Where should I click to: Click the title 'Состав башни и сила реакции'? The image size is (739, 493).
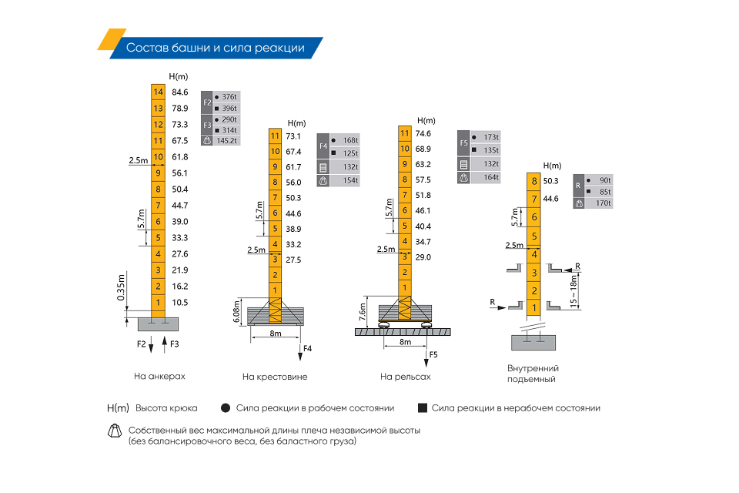tap(216, 48)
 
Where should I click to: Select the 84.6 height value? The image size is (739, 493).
tap(179, 92)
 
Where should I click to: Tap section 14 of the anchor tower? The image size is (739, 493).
tap(158, 92)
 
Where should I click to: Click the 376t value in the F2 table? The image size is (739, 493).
tap(229, 97)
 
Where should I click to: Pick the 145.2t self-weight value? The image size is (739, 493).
tap(226, 141)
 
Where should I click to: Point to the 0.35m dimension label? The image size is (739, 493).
tap(121, 287)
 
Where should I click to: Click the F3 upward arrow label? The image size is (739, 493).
tap(175, 344)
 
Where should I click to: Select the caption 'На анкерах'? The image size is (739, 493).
tap(159, 376)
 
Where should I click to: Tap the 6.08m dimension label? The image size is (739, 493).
tap(236, 312)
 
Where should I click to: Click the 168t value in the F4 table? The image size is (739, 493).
tap(350, 140)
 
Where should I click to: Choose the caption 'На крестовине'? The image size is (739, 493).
tap(275, 377)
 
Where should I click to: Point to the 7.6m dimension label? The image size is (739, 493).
tap(362, 312)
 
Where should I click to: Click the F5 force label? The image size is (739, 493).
tap(433, 354)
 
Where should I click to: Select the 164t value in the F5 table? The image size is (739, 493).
tap(491, 177)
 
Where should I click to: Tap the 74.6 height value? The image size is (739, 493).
tap(423, 133)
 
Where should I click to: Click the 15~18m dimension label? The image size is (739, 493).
tap(573, 291)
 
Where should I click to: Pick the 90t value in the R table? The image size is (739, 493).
tap(605, 180)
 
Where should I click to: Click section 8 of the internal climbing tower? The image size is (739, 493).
tap(533, 181)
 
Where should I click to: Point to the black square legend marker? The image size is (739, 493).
tap(423, 407)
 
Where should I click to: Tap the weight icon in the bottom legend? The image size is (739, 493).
tap(115, 431)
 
